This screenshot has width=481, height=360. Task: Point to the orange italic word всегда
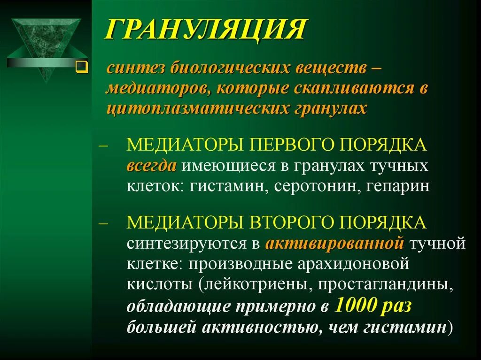pyautogui.click(x=151, y=165)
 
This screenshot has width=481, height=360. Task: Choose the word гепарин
pyautogui.click(x=401, y=186)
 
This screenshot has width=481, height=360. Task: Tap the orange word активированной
pyautogui.click(x=334, y=243)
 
